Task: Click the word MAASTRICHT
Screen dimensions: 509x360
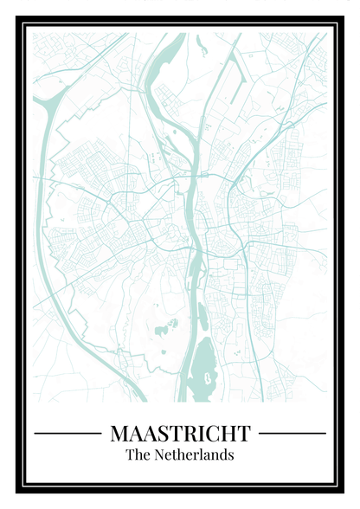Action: pos(180,433)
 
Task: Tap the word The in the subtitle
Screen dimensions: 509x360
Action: pos(138,454)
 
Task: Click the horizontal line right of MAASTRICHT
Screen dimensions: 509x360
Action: pos(292,433)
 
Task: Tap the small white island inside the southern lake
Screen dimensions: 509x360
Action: pos(208,377)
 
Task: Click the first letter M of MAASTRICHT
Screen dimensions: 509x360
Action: pos(119,433)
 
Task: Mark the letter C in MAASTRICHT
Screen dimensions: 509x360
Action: pos(212,433)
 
